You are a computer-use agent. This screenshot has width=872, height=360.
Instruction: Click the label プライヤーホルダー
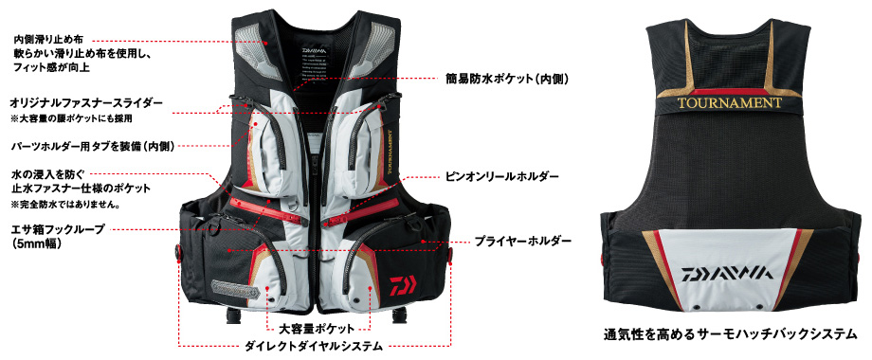(x=523, y=242)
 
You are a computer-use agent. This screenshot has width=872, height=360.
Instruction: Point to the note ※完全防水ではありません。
(x=64, y=204)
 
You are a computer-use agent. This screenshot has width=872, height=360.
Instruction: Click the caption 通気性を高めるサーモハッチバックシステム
(x=733, y=334)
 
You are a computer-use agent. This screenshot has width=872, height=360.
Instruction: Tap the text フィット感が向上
(x=48, y=68)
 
